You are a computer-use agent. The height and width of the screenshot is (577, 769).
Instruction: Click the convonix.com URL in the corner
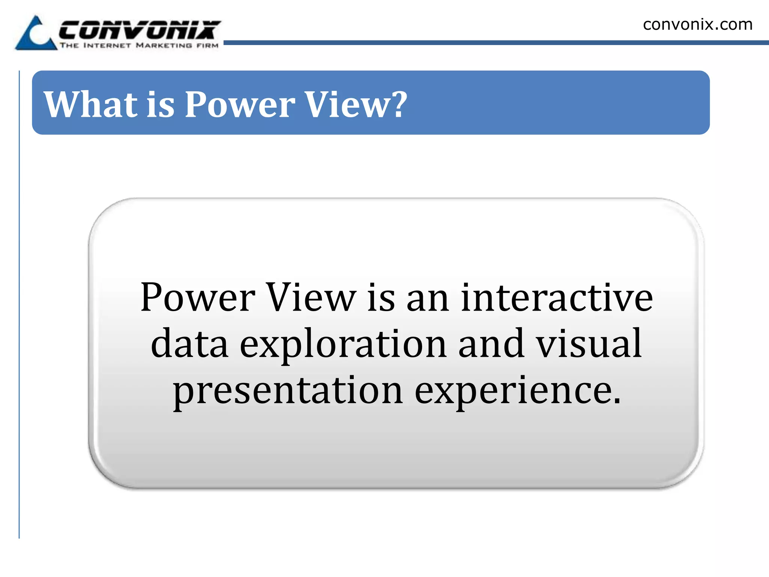(697, 25)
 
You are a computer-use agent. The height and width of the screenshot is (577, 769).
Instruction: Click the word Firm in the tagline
(207, 45)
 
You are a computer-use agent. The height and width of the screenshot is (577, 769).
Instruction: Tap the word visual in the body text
(588, 343)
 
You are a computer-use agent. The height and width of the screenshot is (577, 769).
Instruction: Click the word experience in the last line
(518, 391)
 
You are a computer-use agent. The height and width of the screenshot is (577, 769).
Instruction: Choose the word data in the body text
(189, 343)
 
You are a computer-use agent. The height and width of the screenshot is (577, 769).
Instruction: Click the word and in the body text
(491, 343)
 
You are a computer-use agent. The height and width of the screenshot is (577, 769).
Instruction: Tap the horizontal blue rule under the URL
(496, 43)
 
